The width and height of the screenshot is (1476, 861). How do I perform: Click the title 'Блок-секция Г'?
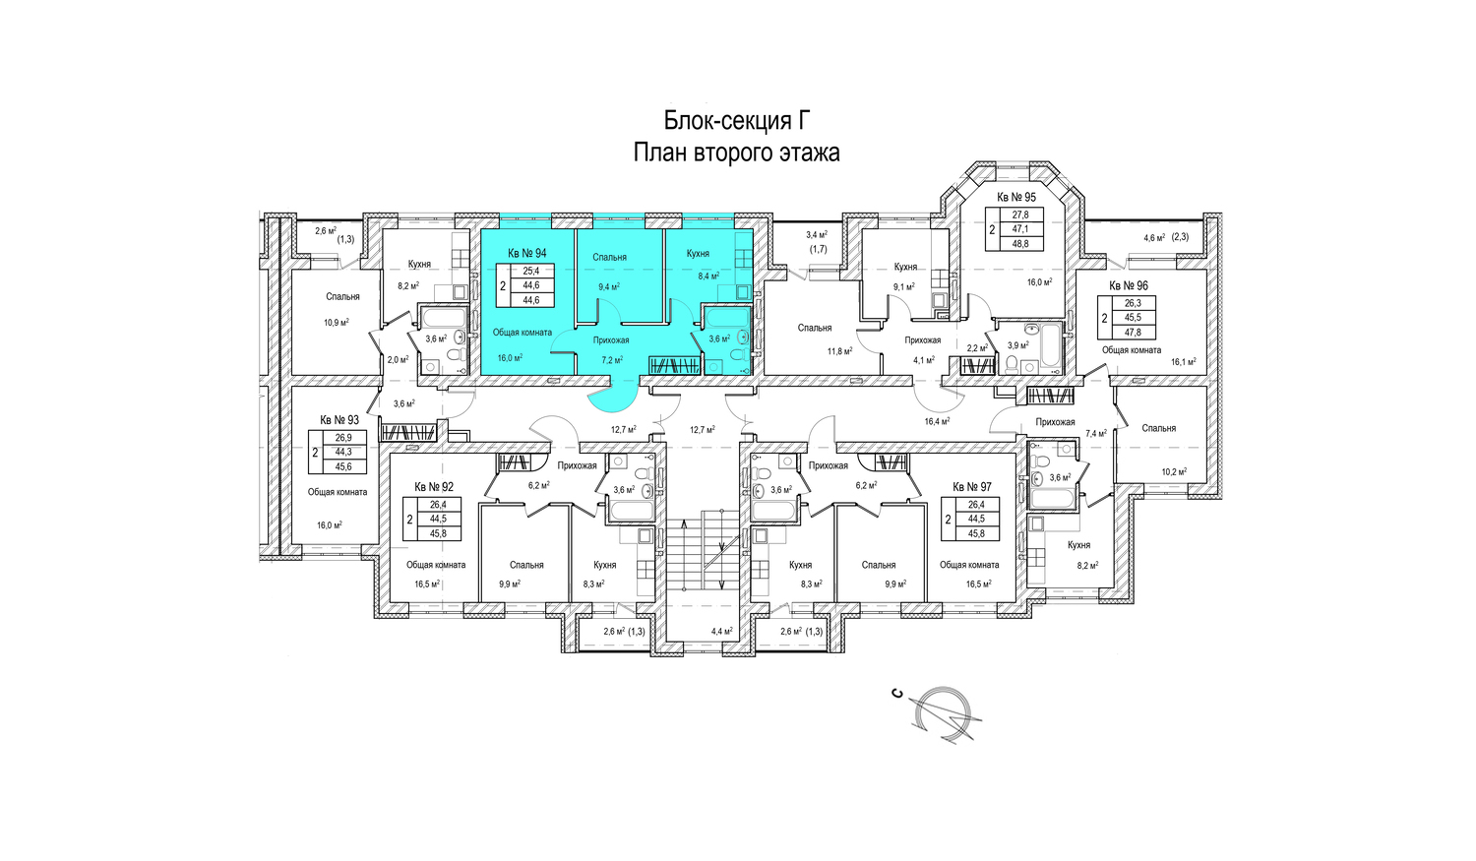point(736,121)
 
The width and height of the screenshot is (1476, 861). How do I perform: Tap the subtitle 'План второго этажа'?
point(736,153)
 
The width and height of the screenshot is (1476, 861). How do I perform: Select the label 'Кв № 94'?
point(526,253)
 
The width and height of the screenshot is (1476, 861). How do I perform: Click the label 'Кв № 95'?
point(1016,197)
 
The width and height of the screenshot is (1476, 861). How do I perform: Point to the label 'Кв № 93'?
point(339,420)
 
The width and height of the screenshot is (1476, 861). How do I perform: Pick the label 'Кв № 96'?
point(1128,286)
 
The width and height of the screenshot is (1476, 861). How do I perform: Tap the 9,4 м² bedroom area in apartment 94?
point(609,286)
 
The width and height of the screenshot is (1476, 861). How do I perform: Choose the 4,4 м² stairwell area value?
point(722,631)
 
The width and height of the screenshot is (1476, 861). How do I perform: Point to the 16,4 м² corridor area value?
point(937,421)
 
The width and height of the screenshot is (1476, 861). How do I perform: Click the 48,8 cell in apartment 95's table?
point(1015,244)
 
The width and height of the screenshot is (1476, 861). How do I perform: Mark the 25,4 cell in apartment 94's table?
point(531,270)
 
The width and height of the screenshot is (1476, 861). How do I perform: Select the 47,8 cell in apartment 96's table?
point(1132,333)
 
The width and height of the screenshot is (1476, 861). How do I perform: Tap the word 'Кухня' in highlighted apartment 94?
point(698,254)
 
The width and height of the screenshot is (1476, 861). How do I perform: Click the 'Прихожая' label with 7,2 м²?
point(611,340)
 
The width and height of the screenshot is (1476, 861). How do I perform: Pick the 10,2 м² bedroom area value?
point(1174,471)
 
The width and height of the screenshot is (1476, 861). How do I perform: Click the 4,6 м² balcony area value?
point(1154,238)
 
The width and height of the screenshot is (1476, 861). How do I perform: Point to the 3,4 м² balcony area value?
point(817,234)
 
